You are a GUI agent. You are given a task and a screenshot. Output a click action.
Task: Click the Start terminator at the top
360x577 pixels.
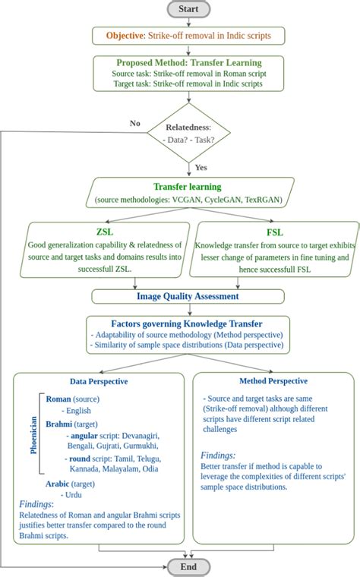(x=188, y=9)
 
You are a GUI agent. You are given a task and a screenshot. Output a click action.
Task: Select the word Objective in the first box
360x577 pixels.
(x=125, y=35)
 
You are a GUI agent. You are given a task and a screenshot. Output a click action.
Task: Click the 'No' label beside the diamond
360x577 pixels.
(x=135, y=122)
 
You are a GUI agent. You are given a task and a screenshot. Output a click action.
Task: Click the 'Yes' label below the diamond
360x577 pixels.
(x=201, y=167)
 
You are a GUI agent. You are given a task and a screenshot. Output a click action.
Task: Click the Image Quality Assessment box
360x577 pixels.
(x=188, y=297)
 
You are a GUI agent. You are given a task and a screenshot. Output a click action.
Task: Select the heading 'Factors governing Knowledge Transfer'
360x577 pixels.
(x=188, y=322)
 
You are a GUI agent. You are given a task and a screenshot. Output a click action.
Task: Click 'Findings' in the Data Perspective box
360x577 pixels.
(x=36, y=503)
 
